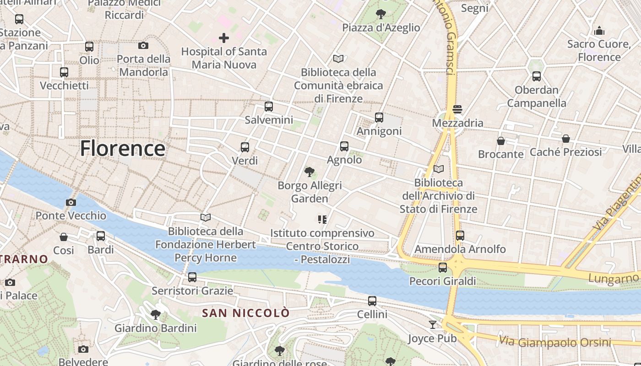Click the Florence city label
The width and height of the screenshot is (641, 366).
(x=123, y=149)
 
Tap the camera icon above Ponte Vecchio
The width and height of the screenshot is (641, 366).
(x=71, y=202)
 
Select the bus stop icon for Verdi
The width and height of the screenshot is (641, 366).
(x=245, y=147)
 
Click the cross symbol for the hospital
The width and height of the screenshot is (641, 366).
(x=224, y=38)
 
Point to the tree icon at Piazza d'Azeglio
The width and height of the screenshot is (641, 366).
(x=380, y=14)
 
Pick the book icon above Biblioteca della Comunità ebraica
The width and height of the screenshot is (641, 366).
(x=338, y=59)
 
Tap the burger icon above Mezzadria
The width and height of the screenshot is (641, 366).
(x=457, y=109)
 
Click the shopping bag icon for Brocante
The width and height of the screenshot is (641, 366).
(x=501, y=141)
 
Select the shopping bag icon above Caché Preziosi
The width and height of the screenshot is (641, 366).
(x=566, y=139)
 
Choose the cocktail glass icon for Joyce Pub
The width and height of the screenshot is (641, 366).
(x=433, y=325)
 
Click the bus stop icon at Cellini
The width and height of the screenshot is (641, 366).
(x=372, y=301)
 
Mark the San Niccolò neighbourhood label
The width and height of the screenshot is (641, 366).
(x=246, y=313)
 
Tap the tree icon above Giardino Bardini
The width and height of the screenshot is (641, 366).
(x=156, y=315)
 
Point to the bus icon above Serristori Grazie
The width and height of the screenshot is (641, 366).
(x=192, y=277)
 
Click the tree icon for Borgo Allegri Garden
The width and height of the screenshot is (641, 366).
(x=310, y=172)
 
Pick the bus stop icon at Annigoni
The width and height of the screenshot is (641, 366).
(x=379, y=118)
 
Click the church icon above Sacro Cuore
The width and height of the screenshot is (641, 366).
(x=599, y=31)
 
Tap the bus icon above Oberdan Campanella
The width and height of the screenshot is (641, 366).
(x=537, y=76)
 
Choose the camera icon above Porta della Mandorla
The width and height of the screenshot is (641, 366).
(x=143, y=45)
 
